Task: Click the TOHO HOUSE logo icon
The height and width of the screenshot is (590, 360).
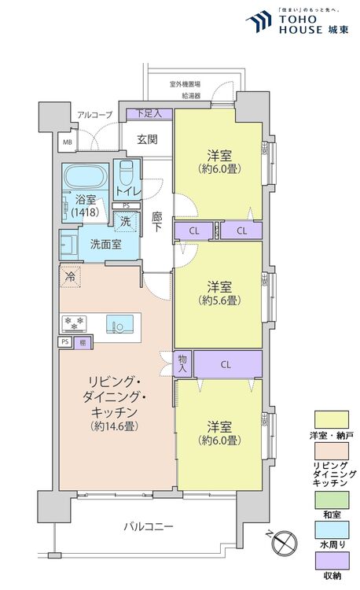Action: tap(259, 21)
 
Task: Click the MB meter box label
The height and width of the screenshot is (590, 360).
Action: tap(68, 142)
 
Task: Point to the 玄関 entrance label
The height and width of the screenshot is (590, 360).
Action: tap(147, 139)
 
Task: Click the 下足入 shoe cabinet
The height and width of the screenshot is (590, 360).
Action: tap(149, 113)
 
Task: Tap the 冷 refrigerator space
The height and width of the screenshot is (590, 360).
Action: tap(70, 277)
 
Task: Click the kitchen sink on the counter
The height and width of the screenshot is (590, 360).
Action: tap(119, 324)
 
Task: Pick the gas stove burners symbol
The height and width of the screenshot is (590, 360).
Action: tap(74, 323)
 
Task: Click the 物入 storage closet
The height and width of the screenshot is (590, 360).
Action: tap(182, 363)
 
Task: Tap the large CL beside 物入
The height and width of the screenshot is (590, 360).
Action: tap(227, 364)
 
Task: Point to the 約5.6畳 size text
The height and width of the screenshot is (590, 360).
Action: tap(219, 301)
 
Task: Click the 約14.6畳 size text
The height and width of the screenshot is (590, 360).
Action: tap(113, 426)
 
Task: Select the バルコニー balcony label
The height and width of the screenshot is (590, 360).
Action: tap(149, 525)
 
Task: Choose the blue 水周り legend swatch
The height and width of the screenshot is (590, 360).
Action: tap(332, 529)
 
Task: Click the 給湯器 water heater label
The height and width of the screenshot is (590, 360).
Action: tap(191, 95)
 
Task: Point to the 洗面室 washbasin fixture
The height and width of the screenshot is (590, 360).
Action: tap(68, 245)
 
